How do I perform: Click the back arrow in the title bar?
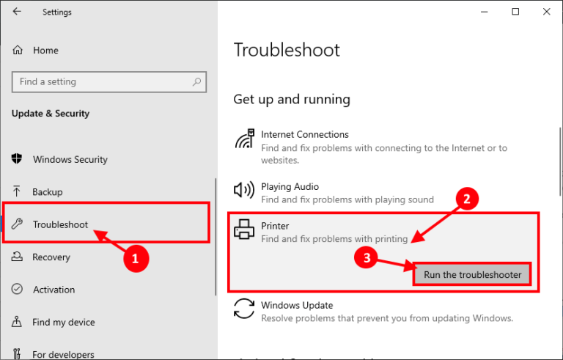tap(17, 12)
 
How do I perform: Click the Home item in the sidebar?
tap(45, 51)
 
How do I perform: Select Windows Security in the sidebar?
tap(70, 160)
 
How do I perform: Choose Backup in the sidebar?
tap(48, 192)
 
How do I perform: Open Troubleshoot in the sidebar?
tap(60, 224)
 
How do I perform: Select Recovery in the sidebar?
tap(51, 257)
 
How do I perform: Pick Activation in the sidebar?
tap(54, 290)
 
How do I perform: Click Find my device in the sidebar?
tap(64, 322)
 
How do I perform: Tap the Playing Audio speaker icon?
tap(243, 191)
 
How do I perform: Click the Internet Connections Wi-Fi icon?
tap(243, 139)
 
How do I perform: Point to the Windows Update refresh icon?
tap(243, 309)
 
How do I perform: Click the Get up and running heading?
tap(292, 99)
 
